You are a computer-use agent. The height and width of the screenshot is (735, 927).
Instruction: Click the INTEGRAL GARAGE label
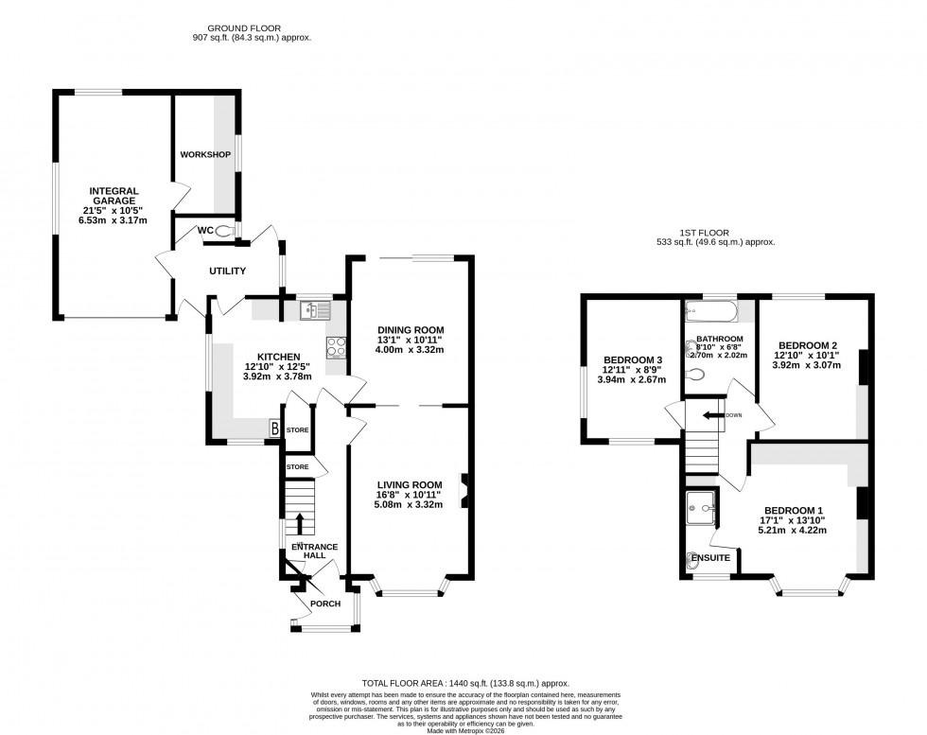(114, 191)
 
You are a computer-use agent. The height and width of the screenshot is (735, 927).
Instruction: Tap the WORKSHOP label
(205, 154)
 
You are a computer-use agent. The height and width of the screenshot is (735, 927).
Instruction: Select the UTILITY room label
(228, 271)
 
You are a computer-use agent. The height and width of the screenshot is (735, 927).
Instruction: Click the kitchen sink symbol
(312, 309)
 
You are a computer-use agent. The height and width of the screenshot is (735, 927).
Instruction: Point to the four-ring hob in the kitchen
(336, 347)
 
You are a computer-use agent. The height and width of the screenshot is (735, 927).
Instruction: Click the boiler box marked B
(275, 429)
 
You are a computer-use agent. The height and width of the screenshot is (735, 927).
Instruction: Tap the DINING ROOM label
(411, 329)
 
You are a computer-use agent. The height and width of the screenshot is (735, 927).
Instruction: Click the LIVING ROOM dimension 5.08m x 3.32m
(410, 504)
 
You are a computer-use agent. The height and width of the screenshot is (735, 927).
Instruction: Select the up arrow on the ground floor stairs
(301, 523)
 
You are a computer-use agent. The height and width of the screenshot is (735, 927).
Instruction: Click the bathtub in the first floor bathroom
(710, 309)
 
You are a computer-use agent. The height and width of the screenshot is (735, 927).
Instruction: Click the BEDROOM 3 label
(632, 359)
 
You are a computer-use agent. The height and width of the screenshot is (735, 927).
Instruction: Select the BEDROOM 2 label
(805, 345)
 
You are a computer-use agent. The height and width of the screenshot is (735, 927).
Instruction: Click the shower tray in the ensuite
(701, 507)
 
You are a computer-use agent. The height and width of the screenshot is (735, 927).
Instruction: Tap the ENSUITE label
(710, 558)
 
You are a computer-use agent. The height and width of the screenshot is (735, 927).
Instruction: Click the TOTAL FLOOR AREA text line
(463, 683)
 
